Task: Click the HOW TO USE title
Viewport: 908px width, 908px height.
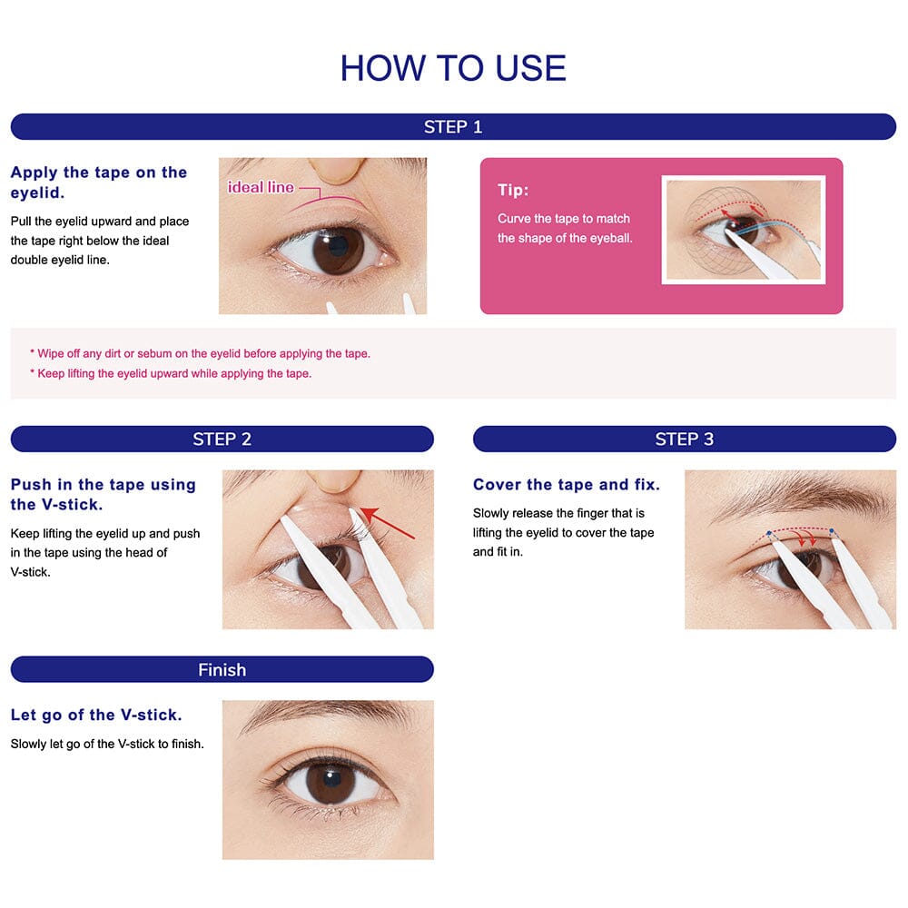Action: (x=453, y=68)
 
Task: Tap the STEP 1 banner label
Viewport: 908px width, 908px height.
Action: (x=453, y=127)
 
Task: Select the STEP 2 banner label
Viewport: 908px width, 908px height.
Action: (x=222, y=439)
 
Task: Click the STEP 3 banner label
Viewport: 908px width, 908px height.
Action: (x=684, y=439)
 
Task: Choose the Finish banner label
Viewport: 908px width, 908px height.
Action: (x=222, y=670)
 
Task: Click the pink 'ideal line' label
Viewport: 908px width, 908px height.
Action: (x=261, y=187)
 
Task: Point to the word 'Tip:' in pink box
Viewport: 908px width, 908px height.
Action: (x=513, y=190)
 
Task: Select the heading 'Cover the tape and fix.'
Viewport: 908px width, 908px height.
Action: (x=567, y=485)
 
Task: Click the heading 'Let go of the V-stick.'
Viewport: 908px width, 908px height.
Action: (x=96, y=716)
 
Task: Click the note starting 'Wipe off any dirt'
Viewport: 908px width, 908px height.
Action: (x=200, y=354)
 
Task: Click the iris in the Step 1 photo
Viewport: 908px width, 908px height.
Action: (x=337, y=248)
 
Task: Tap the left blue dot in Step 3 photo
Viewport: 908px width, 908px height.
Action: (x=769, y=533)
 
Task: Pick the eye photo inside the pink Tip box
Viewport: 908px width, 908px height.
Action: (x=743, y=231)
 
